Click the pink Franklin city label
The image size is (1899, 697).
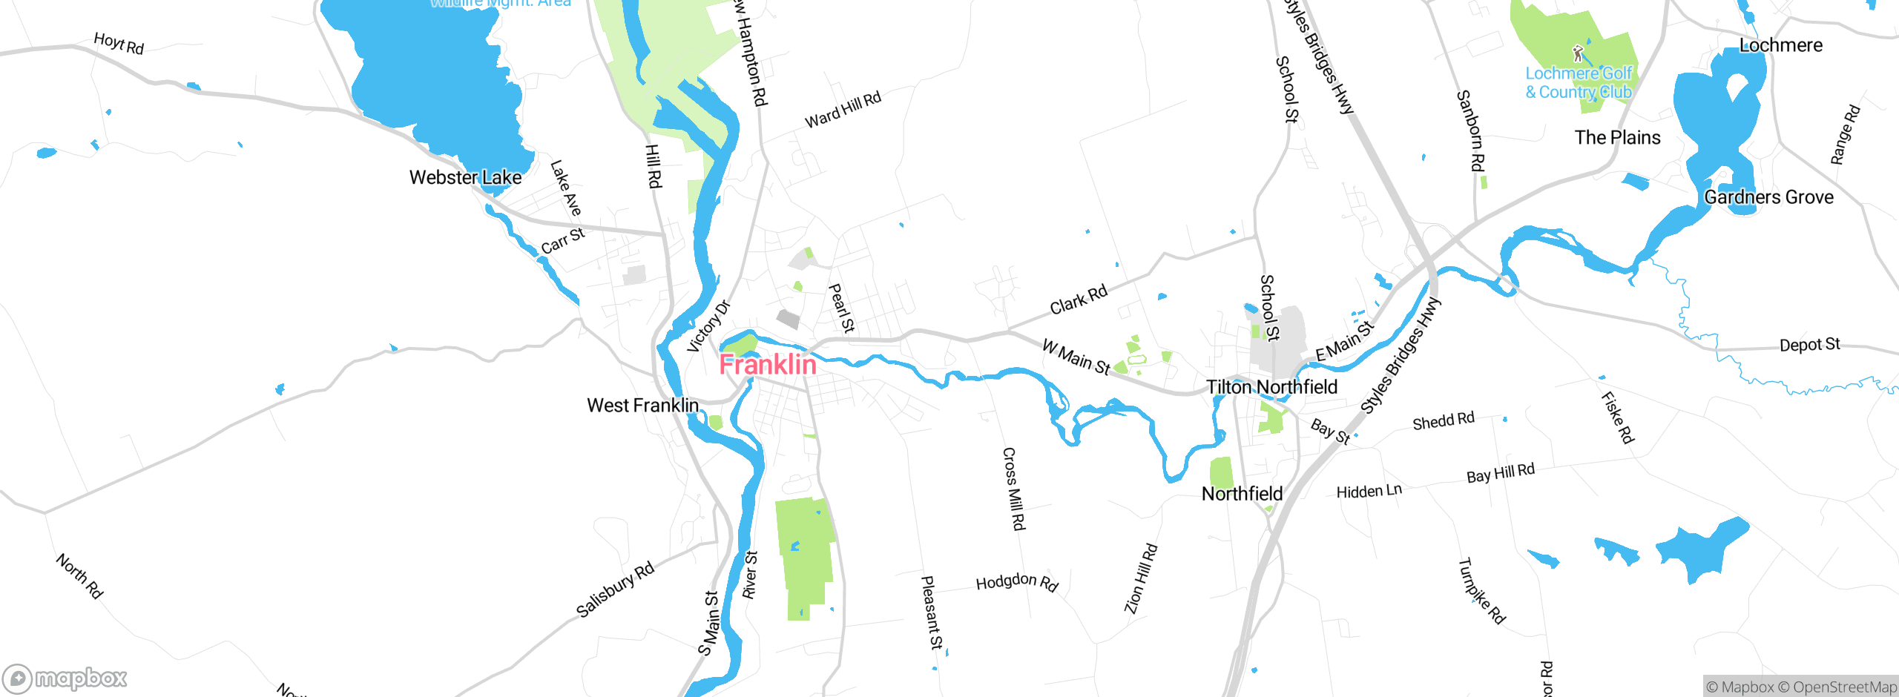coord(768,365)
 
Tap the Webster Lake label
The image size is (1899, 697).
coord(465,178)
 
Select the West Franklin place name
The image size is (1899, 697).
coord(642,406)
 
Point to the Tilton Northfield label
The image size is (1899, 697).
coord(1271,387)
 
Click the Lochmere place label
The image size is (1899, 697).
coord(1780,46)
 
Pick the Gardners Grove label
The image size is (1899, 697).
coord(1768,197)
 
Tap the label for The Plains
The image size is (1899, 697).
coord(1617,138)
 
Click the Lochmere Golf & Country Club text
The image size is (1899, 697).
coord(1579,83)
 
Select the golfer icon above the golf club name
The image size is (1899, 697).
coord(1578,53)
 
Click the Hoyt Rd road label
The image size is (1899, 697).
coord(119,44)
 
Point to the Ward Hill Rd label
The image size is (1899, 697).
coord(843,110)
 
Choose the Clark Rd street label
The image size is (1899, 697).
coord(1078,299)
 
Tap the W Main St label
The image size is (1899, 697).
coord(1076,357)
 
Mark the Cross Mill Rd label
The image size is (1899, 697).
coord(1013,489)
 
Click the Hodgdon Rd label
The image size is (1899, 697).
coord(1016,582)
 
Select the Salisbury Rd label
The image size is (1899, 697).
coord(615,589)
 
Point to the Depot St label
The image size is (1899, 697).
coord(1809,345)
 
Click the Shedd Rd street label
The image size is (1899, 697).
coord(1443,421)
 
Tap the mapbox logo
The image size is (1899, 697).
coord(65,678)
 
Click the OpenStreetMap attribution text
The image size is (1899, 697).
coord(1844,687)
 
